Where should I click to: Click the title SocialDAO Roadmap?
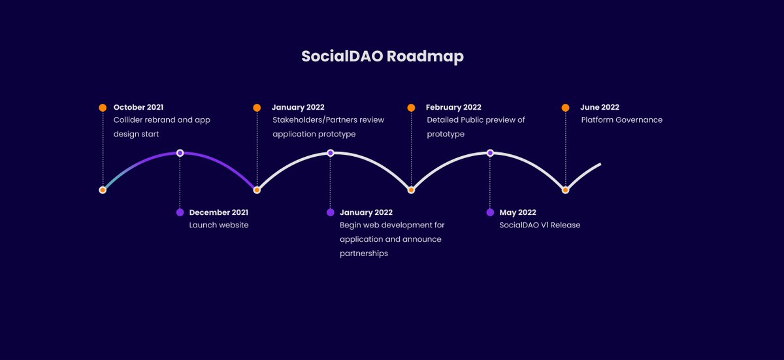pos(382,56)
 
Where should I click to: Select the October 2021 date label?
pos(139,107)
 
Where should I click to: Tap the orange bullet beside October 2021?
pos(103,108)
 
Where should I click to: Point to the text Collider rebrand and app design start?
pos(161,127)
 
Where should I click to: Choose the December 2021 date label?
pos(218,212)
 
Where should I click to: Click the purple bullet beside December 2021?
pos(180,212)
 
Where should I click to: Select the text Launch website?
pos(218,225)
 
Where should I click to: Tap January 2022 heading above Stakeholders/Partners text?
pos(298,107)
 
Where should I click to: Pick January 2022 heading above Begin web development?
pos(366,212)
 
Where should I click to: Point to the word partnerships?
pos(363,254)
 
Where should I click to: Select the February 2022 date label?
pos(453,107)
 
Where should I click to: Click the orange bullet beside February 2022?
pos(411,108)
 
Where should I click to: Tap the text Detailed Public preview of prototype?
pos(476,127)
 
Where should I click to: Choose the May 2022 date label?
pos(517,212)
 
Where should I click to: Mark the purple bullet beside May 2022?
pos(490,212)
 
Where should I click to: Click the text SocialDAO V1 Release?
pos(540,225)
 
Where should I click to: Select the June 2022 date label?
pos(600,107)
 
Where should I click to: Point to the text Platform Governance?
pos(621,120)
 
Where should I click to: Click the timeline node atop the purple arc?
pos(180,153)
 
